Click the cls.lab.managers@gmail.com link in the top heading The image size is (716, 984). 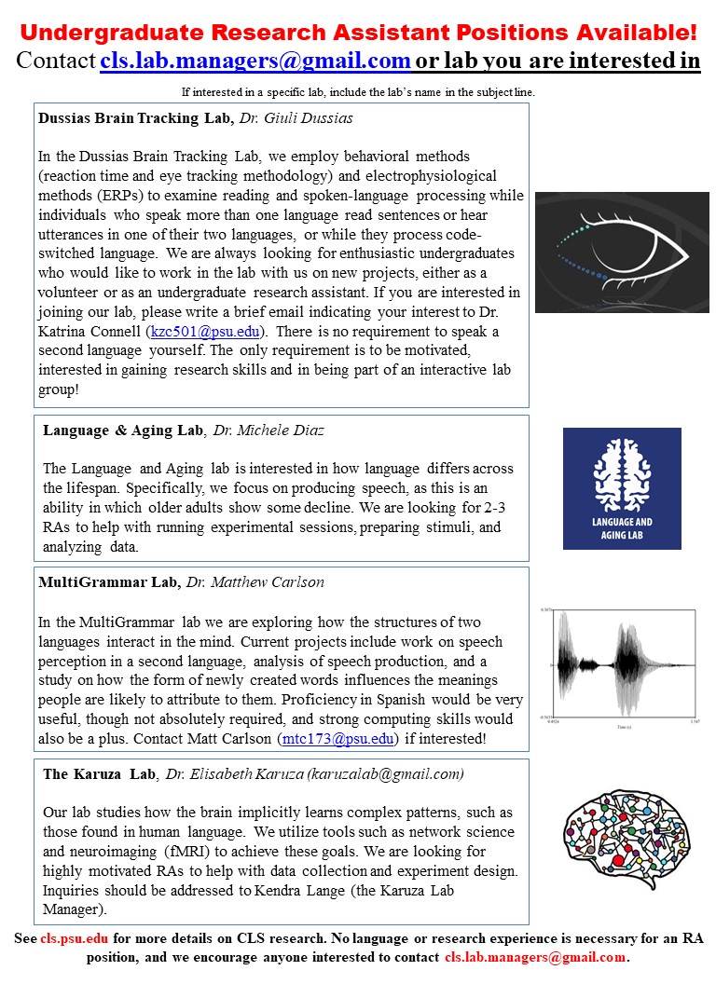click(x=255, y=61)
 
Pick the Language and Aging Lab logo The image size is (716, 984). click(x=622, y=488)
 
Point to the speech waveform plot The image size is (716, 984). click(x=622, y=665)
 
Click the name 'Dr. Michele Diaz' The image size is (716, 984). click(x=270, y=430)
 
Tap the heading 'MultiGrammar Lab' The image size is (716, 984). click(x=108, y=581)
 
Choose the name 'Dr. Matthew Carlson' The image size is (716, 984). click(x=256, y=581)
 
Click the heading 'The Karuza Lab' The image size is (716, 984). click(x=99, y=774)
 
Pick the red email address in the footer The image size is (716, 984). click(x=535, y=957)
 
